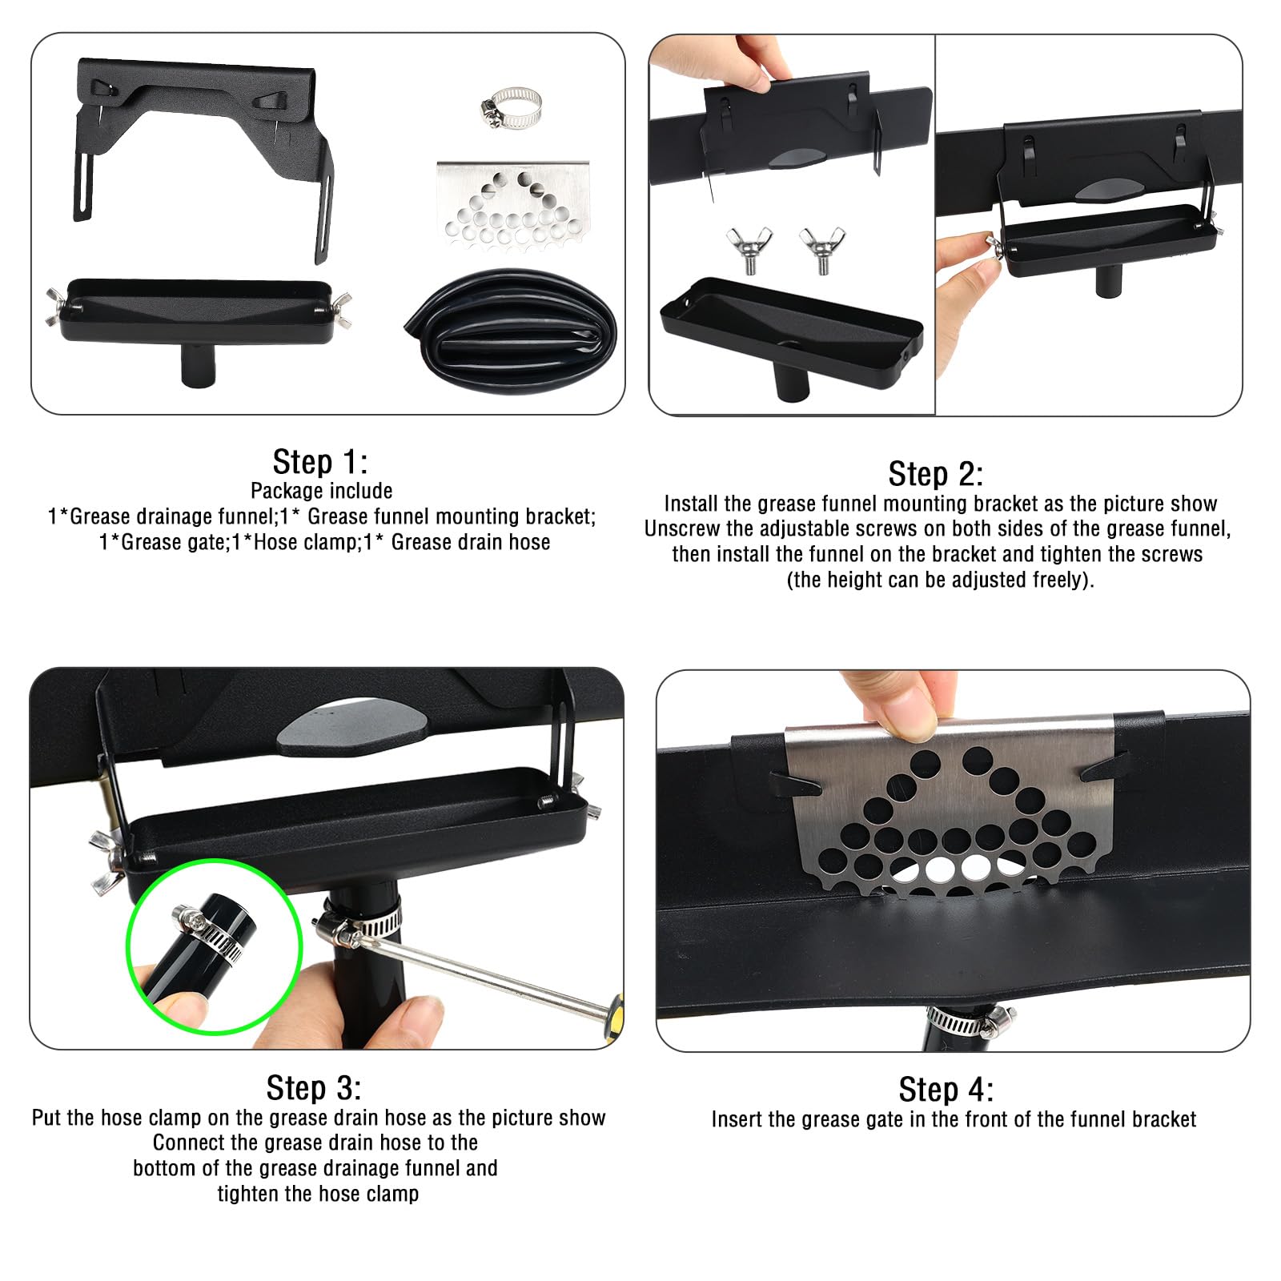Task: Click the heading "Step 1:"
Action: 320,462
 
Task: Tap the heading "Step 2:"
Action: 936,474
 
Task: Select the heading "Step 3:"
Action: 314,1088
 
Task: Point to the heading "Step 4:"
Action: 946,1090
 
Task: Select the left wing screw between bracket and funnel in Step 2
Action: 749,249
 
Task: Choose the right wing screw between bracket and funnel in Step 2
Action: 822,249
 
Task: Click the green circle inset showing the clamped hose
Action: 215,947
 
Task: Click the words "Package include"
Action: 321,491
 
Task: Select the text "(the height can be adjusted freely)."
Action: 940,580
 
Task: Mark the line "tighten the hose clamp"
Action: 318,1194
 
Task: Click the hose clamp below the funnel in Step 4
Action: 970,1022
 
